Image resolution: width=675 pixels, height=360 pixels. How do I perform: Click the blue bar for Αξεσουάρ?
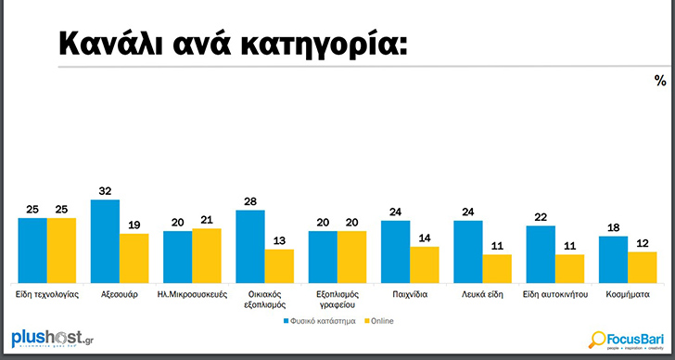(x=106, y=241)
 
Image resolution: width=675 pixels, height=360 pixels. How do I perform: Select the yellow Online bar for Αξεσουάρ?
(x=134, y=258)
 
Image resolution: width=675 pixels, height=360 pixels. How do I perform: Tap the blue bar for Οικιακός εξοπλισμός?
(x=250, y=246)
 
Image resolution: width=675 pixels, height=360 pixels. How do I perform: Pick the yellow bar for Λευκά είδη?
(x=497, y=268)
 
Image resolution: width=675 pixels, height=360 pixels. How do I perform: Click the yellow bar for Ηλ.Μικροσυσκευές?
(x=207, y=255)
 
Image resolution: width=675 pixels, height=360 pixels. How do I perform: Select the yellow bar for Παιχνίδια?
(x=425, y=264)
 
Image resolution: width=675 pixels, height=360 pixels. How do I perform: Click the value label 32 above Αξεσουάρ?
(x=106, y=189)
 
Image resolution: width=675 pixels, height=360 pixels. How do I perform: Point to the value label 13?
(x=279, y=239)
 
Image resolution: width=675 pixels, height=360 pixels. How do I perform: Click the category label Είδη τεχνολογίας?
(x=47, y=292)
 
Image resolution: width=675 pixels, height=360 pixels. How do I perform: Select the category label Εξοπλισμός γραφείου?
(x=337, y=298)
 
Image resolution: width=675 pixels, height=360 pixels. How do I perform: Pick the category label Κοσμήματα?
(x=628, y=292)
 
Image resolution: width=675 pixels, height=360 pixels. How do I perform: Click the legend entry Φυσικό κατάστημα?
(x=321, y=320)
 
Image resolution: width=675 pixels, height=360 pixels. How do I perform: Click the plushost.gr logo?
(x=52, y=339)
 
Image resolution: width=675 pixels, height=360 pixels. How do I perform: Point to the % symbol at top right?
(x=660, y=82)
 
